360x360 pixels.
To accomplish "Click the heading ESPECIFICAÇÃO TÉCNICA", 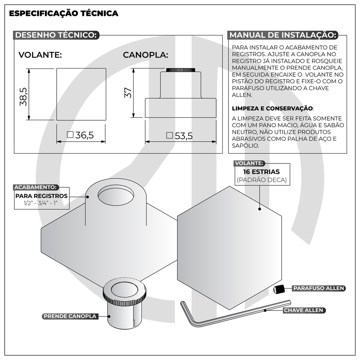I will [x=63, y=14].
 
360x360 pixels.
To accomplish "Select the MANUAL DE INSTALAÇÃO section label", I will [x=283, y=35].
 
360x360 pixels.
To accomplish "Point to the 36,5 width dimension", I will [x=81, y=135].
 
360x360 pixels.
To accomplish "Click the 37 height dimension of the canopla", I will [x=128, y=92].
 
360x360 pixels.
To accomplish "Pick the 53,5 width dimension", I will [x=180, y=136].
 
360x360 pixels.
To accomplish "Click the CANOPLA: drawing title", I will [x=146, y=55].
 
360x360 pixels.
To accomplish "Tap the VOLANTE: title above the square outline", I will [x=40, y=55].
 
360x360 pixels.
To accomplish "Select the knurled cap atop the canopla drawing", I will [x=180, y=70].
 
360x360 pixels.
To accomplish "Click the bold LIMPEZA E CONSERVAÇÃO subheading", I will [x=272, y=108].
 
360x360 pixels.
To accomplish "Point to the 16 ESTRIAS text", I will [x=262, y=172].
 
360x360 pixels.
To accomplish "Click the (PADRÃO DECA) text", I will [x=262, y=180].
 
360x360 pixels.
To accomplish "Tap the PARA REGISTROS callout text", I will [x=41, y=196].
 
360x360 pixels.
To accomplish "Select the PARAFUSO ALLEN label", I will [x=319, y=288].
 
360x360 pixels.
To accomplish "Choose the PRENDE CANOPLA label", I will [x=70, y=316].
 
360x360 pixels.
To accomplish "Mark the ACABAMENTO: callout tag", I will [x=36, y=187].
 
